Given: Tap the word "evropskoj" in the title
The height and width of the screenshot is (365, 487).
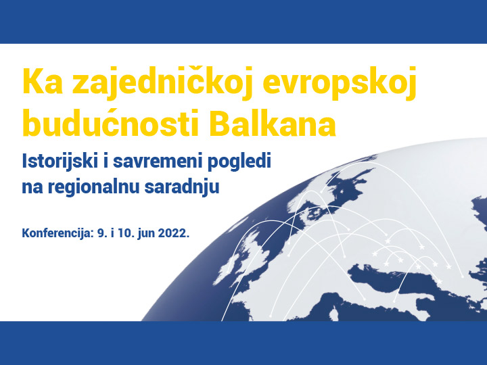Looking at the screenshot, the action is coord(340,83).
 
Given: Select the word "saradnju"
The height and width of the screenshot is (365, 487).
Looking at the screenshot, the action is coord(182,188).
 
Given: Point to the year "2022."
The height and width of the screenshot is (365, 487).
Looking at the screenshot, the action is coord(174,233).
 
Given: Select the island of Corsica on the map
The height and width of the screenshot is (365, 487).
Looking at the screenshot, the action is coord(334,313).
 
